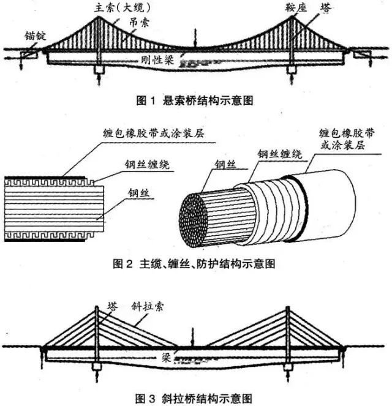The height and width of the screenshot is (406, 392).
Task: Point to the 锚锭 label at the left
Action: tap(17, 37)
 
